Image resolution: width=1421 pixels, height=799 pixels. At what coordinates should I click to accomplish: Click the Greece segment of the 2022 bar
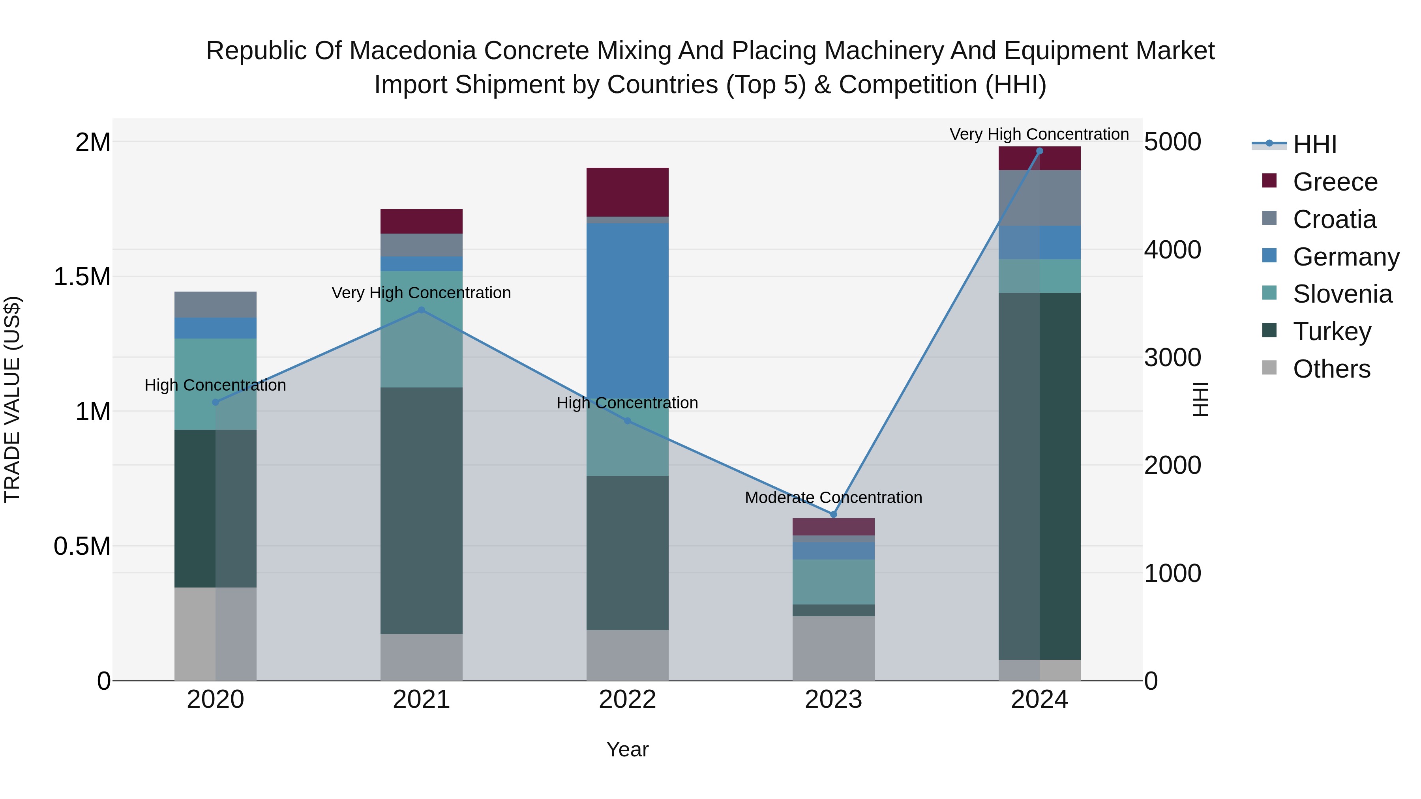[627, 192]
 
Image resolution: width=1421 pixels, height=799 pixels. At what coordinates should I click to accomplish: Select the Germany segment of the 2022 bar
[627, 309]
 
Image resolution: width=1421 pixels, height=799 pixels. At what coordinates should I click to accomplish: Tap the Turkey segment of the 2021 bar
[422, 510]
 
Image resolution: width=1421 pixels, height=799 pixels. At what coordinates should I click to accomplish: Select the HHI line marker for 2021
[422, 310]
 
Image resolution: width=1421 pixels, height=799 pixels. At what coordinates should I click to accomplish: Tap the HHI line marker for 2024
[1039, 151]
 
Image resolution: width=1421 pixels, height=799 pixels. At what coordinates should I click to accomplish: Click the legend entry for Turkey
[1332, 331]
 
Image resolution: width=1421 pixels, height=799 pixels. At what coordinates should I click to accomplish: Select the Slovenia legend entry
[1342, 294]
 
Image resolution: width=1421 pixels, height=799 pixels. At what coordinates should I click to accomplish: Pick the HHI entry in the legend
[1314, 144]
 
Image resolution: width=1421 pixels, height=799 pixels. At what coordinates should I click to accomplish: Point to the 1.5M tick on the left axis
[82, 277]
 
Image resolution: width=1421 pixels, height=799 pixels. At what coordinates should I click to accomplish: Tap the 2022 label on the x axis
[627, 700]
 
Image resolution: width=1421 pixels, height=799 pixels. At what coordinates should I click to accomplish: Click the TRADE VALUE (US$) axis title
[12, 399]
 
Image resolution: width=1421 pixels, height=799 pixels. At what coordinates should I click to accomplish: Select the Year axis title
[627, 749]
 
